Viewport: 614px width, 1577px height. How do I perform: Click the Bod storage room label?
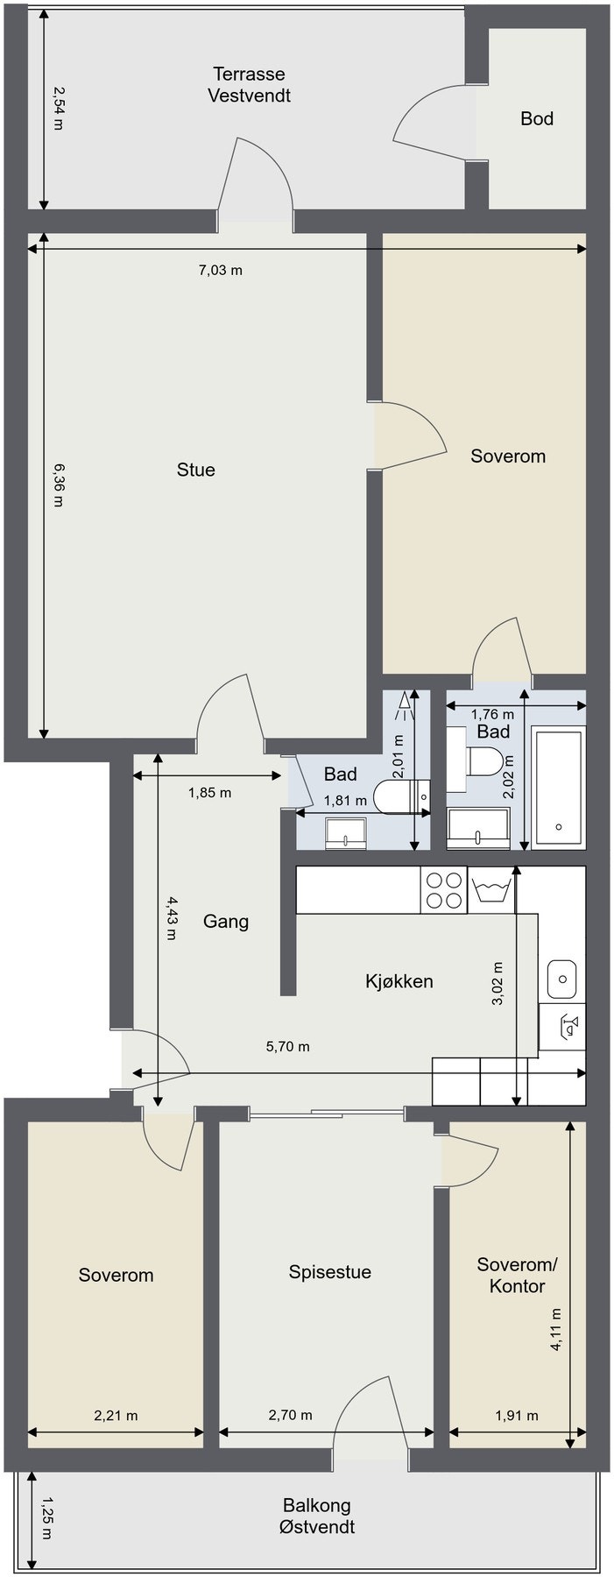point(536,118)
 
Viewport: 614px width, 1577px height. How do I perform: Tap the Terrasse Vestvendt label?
point(249,85)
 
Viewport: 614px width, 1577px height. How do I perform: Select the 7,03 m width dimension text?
point(221,270)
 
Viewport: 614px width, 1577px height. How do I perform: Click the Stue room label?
point(195,470)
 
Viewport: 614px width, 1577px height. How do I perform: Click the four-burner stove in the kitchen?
point(443,890)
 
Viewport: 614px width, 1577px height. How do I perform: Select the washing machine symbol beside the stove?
point(491,890)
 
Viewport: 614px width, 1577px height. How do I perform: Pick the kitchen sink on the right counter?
point(561,978)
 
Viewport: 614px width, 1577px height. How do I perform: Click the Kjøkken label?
point(399,981)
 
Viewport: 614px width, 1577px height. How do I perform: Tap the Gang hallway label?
point(226,921)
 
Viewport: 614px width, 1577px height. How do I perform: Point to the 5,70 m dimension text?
point(287,1046)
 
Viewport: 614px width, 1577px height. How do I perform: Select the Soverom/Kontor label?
point(517,1275)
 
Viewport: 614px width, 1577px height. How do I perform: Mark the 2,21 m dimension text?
point(116,1415)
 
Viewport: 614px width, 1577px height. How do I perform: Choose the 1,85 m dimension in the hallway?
point(210,793)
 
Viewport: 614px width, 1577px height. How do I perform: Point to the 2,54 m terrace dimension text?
point(58,108)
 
